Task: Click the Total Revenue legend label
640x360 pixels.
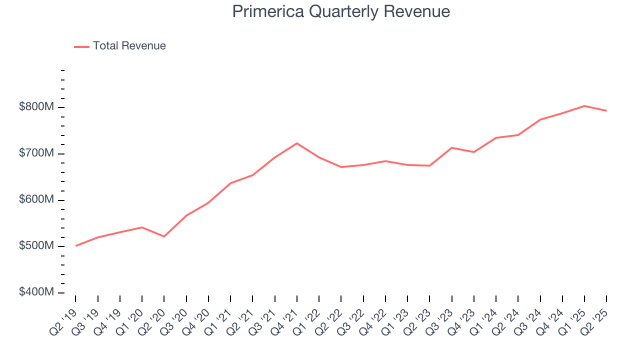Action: (x=129, y=46)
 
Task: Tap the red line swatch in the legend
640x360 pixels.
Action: (x=81, y=46)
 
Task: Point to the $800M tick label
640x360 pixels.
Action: (x=36, y=107)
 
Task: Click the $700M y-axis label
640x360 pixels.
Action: (x=36, y=153)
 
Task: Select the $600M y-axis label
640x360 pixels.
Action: (x=36, y=200)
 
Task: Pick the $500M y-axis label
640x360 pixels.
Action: (x=36, y=246)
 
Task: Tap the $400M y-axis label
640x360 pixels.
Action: (x=36, y=292)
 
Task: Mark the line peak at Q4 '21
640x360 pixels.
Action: (x=297, y=143)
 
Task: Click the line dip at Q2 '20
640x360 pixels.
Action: (x=164, y=236)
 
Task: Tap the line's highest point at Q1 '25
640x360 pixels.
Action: (x=584, y=106)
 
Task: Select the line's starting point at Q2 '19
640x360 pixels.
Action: (x=76, y=245)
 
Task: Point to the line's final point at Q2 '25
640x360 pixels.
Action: (x=606, y=110)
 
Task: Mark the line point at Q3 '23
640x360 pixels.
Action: (x=451, y=148)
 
